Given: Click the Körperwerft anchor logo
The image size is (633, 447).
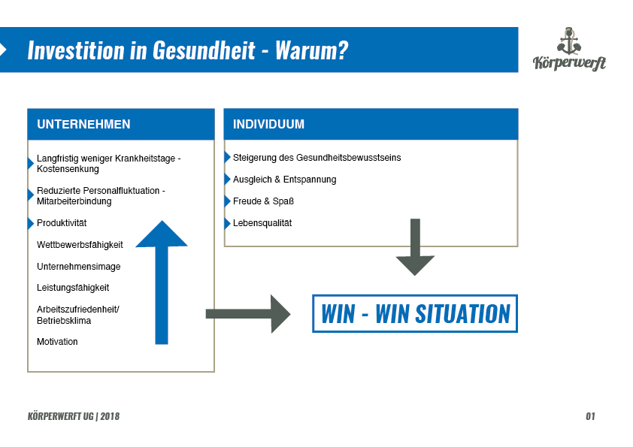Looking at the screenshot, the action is tap(569, 49).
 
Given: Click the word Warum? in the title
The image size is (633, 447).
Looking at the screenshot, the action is tap(312, 50).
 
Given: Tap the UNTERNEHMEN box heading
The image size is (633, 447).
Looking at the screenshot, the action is tap(83, 124).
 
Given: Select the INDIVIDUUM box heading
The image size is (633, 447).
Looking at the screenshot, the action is tap(268, 124).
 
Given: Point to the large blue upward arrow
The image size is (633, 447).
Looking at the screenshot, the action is tap(162, 282).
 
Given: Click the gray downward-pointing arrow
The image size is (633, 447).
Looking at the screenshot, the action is tap(415, 247).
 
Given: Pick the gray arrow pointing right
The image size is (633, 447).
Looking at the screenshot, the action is tap(248, 314).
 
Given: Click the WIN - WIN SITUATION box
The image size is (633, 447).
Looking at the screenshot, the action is tap(415, 314).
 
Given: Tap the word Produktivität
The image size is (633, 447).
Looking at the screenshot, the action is tap(62, 223).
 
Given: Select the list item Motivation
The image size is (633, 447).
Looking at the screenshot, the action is tap(57, 342).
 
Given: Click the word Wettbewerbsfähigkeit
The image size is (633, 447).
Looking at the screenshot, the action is tap(80, 245).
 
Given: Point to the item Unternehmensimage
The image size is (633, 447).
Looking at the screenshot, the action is tap(79, 267).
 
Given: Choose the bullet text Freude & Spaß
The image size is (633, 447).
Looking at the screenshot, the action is tap(263, 201).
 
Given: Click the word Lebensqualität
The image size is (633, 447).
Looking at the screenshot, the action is tap(262, 223).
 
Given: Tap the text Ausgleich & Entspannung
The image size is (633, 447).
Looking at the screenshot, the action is tap(285, 180).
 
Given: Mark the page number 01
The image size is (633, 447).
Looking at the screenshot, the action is tap(590, 416).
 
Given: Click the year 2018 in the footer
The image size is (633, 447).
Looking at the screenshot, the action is tap(110, 416).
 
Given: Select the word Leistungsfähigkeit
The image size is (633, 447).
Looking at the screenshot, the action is tap(73, 288).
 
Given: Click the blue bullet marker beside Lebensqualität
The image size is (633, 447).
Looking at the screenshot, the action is tap(227, 223).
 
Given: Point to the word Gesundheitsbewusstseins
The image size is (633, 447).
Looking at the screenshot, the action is tap(348, 158).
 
